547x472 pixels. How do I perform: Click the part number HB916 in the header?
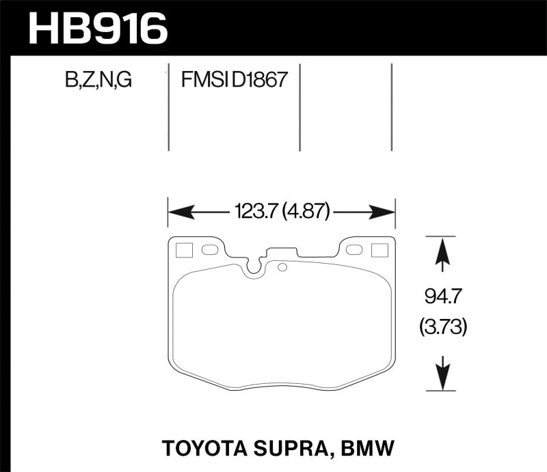[96, 29]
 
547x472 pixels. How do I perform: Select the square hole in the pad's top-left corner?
[183, 250]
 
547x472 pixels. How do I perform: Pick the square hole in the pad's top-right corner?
[379, 250]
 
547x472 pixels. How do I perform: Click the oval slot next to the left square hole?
[209, 250]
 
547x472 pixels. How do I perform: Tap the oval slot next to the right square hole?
[353, 250]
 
